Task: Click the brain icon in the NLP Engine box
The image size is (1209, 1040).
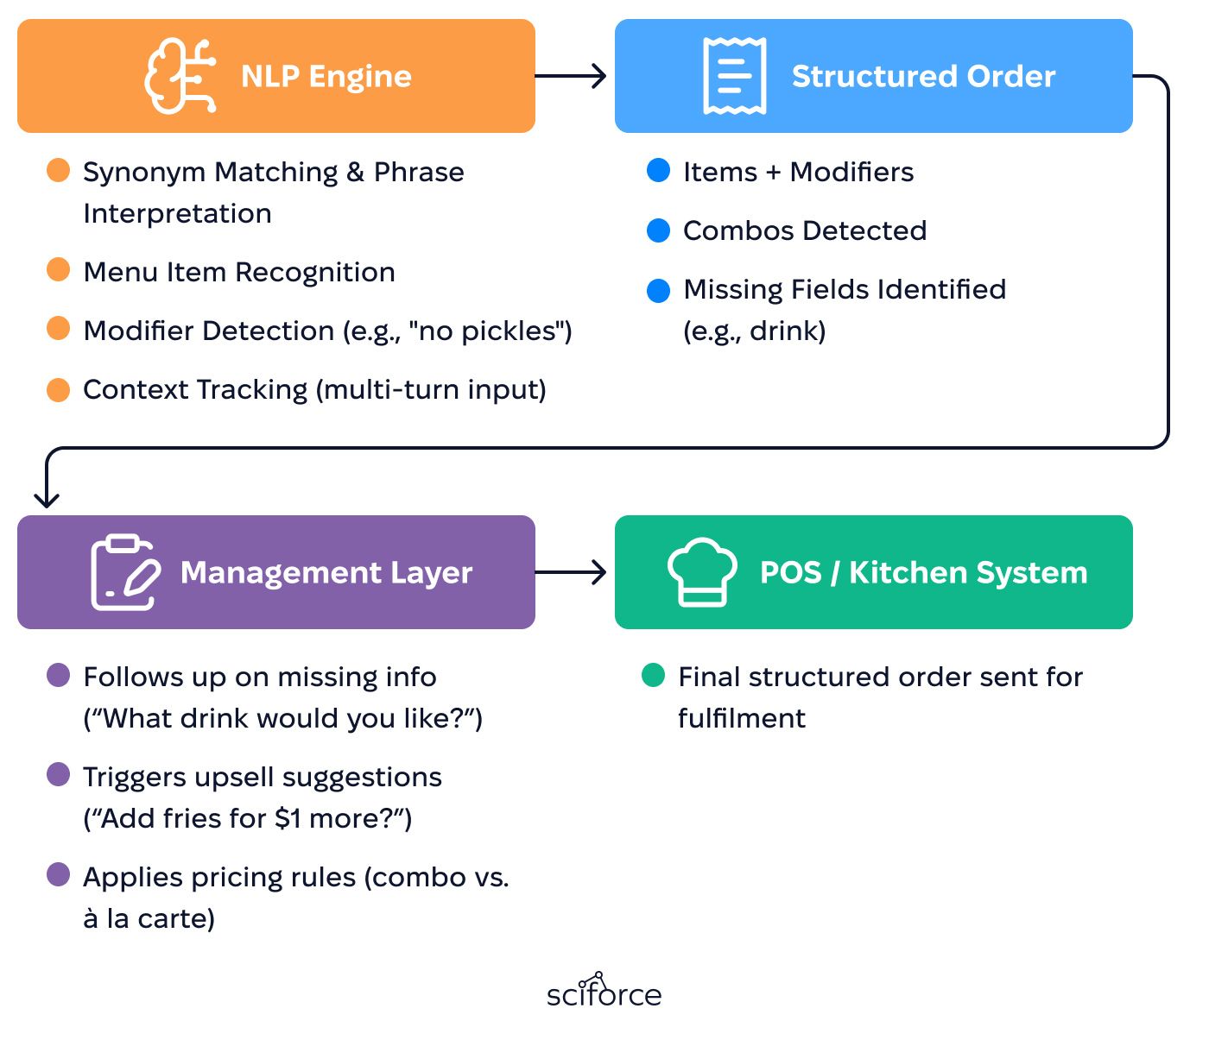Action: point(180,76)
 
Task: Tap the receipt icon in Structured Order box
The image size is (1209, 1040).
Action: point(734,76)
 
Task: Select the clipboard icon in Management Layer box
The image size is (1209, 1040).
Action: point(125,571)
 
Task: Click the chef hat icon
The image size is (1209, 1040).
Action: point(702,571)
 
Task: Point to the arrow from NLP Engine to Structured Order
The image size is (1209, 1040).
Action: point(570,76)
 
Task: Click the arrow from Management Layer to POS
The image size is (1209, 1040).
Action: point(570,571)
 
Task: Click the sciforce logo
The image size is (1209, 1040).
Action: point(604,990)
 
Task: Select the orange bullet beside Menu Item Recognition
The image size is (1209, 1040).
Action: point(58,270)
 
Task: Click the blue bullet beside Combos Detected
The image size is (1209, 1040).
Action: point(658,230)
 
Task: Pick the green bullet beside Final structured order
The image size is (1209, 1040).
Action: point(653,675)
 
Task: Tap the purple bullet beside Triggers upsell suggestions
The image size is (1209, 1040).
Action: point(58,774)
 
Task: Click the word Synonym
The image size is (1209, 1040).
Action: point(144,173)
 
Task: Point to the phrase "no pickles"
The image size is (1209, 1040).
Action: point(490,331)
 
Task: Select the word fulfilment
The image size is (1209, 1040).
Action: point(742,717)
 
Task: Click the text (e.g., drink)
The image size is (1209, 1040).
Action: point(755,331)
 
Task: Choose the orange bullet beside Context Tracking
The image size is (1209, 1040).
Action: point(58,390)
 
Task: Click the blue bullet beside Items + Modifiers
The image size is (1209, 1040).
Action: point(658,170)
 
